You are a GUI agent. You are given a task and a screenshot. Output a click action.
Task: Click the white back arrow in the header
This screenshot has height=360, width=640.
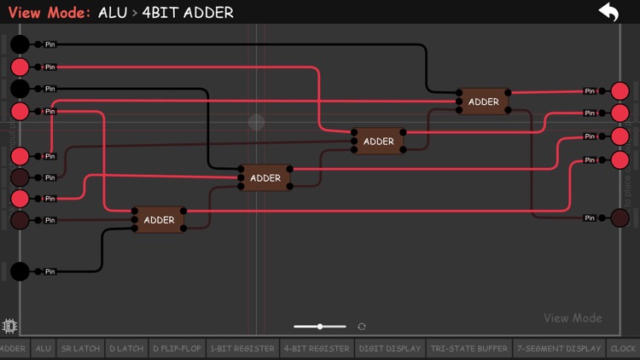point(608,12)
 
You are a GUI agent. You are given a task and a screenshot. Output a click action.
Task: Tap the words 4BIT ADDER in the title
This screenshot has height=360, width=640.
point(188,13)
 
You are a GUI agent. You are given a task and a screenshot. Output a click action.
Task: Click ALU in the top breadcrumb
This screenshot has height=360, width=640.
point(113,13)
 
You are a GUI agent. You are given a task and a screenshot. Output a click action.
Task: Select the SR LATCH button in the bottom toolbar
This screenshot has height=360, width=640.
point(80,348)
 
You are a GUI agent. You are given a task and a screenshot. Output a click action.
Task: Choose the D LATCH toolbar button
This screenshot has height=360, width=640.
point(126,348)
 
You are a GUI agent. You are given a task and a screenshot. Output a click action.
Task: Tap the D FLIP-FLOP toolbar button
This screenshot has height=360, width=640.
point(177,348)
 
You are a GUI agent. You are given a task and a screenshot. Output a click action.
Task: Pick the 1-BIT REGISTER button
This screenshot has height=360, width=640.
point(242,348)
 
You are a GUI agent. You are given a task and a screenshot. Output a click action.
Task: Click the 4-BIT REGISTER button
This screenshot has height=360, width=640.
point(317,348)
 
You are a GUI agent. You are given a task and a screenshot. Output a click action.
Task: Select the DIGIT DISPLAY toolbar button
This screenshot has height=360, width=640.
point(390,348)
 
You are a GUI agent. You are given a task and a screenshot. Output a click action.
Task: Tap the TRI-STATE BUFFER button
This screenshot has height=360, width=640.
point(468,348)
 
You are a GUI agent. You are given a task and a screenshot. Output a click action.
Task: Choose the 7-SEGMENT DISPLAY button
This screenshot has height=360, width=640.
point(559,348)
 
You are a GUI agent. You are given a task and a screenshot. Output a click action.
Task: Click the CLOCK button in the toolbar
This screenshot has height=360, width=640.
point(623,348)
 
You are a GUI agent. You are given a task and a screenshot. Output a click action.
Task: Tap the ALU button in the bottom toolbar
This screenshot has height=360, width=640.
point(43,348)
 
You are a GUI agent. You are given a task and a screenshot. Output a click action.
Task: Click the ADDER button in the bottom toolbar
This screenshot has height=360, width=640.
point(13,348)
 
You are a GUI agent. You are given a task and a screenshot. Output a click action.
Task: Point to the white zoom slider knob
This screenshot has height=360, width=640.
point(320,327)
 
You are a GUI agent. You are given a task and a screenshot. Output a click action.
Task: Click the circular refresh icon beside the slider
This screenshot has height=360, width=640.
point(362,327)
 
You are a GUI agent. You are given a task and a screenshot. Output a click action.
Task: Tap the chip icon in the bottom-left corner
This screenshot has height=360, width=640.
point(10,326)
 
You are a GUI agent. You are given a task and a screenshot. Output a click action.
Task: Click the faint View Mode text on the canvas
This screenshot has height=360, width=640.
point(573,318)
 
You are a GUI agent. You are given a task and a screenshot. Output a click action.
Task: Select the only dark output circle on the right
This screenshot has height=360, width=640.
point(620,218)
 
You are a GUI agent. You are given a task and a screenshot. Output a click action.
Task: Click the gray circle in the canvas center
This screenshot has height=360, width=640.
point(257,123)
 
